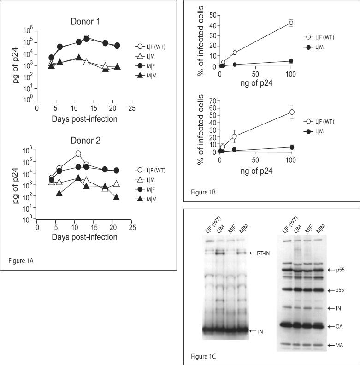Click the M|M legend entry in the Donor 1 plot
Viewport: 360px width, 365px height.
[x=150, y=66]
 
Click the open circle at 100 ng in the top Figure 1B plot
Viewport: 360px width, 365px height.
[x=291, y=23]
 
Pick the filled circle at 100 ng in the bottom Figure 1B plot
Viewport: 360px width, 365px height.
[x=291, y=147]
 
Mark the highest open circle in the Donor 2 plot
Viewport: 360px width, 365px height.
[x=78, y=153]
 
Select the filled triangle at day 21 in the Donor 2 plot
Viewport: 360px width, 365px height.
[x=116, y=197]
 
